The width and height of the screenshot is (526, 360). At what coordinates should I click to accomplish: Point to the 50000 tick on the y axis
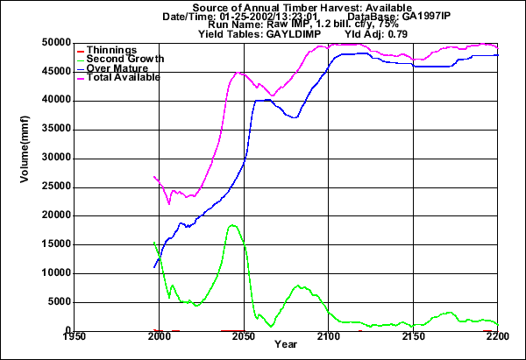pyautogui.click(x=57, y=43)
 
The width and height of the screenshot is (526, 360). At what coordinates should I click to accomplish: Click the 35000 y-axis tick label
pyautogui.click(x=57, y=130)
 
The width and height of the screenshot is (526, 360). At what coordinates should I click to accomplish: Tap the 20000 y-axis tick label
pyautogui.click(x=57, y=215)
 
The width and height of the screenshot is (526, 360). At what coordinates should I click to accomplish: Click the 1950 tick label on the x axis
pyautogui.click(x=75, y=337)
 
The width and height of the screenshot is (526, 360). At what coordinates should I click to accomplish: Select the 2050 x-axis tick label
pyautogui.click(x=244, y=337)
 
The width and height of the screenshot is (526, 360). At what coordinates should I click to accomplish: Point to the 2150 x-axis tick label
pyautogui.click(x=414, y=337)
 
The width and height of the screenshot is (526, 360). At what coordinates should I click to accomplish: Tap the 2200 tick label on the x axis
pyautogui.click(x=498, y=337)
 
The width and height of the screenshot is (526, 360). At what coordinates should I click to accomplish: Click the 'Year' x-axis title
pyautogui.click(x=285, y=347)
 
